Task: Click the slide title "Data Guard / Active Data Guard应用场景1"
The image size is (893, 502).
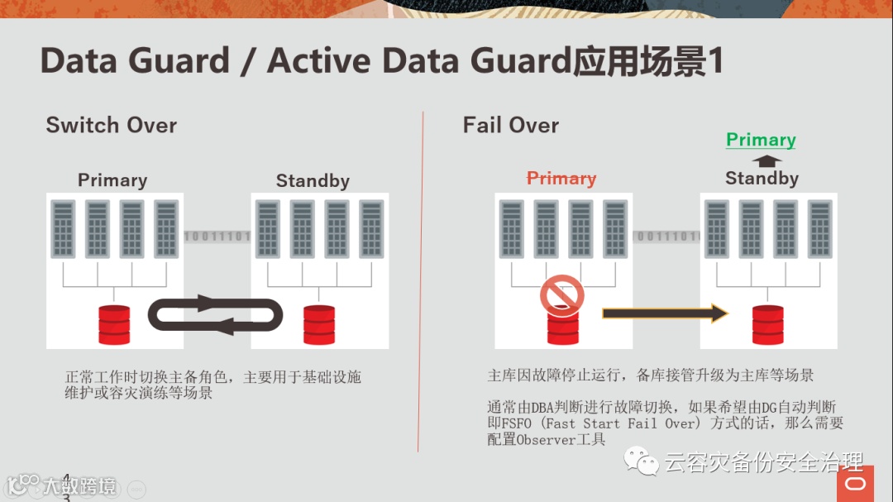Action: [x=381, y=62]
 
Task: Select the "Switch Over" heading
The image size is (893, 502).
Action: [x=112, y=126]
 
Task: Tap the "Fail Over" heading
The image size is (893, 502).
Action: [x=510, y=126]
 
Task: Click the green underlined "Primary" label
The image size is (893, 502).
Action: [x=761, y=140]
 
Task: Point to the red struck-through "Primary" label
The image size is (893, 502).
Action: [x=561, y=179]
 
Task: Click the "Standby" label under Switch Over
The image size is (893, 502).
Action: [x=313, y=181]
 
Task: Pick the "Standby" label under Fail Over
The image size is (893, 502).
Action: [x=762, y=179]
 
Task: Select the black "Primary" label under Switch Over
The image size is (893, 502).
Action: [x=112, y=180]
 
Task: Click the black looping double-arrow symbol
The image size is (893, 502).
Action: [x=215, y=315]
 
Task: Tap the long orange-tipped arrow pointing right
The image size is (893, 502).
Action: [x=665, y=313]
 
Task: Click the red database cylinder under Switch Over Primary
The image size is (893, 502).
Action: [x=114, y=324]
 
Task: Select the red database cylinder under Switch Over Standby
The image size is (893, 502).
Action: [x=319, y=324]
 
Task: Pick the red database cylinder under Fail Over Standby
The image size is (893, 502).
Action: [x=768, y=324]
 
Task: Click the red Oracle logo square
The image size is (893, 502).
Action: [x=855, y=485]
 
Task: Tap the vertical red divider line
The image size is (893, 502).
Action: [x=423, y=281]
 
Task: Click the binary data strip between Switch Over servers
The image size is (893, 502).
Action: [x=217, y=237]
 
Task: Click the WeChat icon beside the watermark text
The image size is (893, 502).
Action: [x=642, y=461]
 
